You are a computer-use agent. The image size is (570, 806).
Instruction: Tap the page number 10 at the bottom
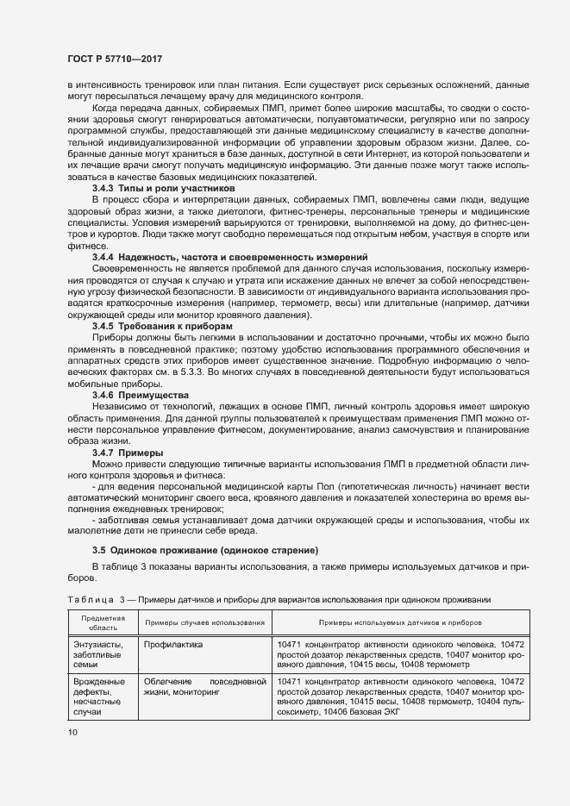(x=72, y=732)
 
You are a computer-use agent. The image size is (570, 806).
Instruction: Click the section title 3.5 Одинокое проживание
(x=205, y=550)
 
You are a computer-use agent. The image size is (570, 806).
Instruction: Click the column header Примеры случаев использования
(x=204, y=622)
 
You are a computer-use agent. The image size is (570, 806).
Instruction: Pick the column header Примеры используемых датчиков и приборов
(x=400, y=622)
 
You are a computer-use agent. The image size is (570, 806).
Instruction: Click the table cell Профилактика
(x=173, y=644)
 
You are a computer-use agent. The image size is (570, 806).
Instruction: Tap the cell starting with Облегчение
(x=204, y=686)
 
